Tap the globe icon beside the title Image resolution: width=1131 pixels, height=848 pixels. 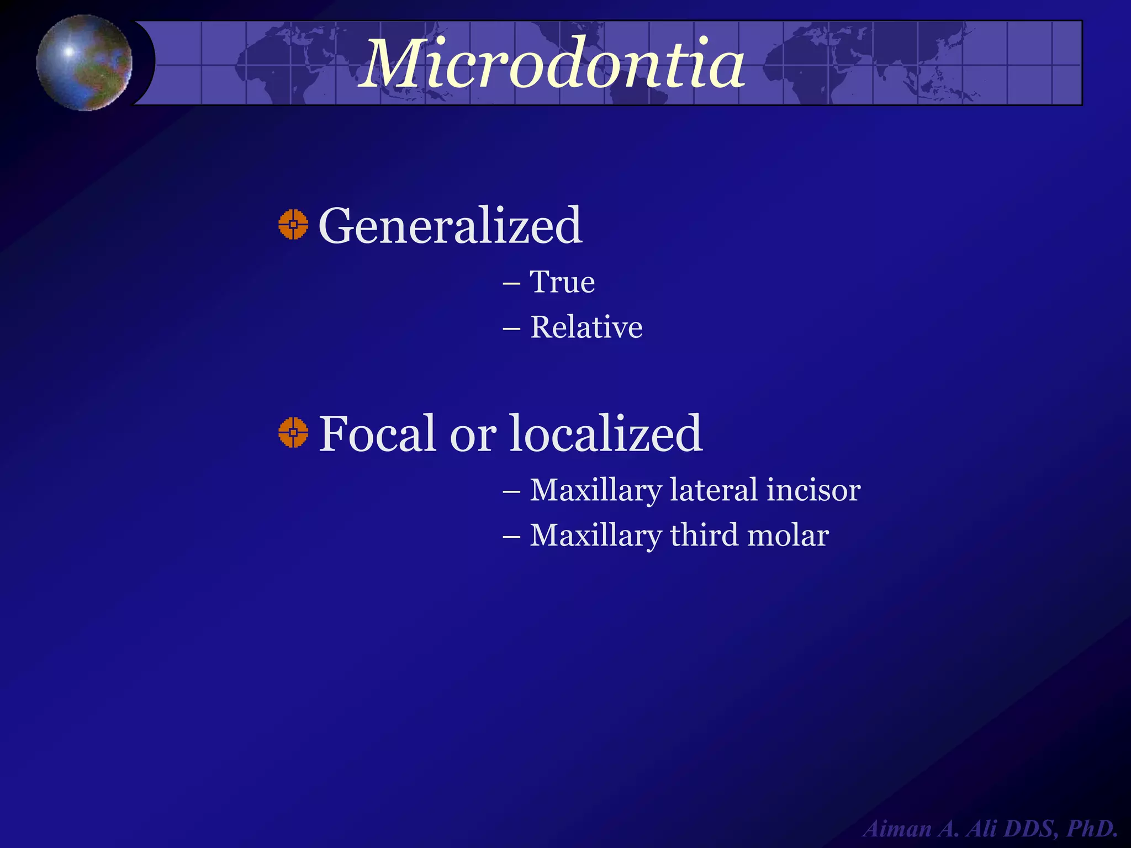pos(84,62)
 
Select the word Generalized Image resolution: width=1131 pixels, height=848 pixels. pos(450,225)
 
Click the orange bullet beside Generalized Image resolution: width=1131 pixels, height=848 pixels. pos(293,225)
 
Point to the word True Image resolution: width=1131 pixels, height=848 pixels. pos(562,282)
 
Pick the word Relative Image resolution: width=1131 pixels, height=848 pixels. pos(586,327)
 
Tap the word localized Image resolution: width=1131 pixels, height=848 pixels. pos(605,433)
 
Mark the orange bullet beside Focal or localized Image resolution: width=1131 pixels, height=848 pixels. pos(293,432)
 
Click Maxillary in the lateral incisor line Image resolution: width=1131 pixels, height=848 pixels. pos(596,491)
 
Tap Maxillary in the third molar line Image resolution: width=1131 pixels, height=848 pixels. pos(596,536)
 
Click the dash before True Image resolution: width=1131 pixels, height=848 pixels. pos(511,284)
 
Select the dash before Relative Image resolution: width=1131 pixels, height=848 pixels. pos(511,329)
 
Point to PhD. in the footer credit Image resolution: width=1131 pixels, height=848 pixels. pos(1092,829)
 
